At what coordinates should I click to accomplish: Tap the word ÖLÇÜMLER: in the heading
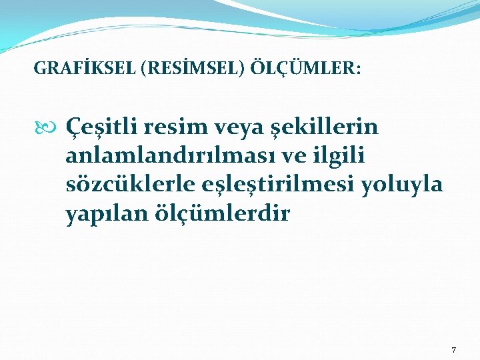[306, 68]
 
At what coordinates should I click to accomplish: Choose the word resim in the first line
[172, 126]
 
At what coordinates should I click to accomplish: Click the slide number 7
[454, 349]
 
